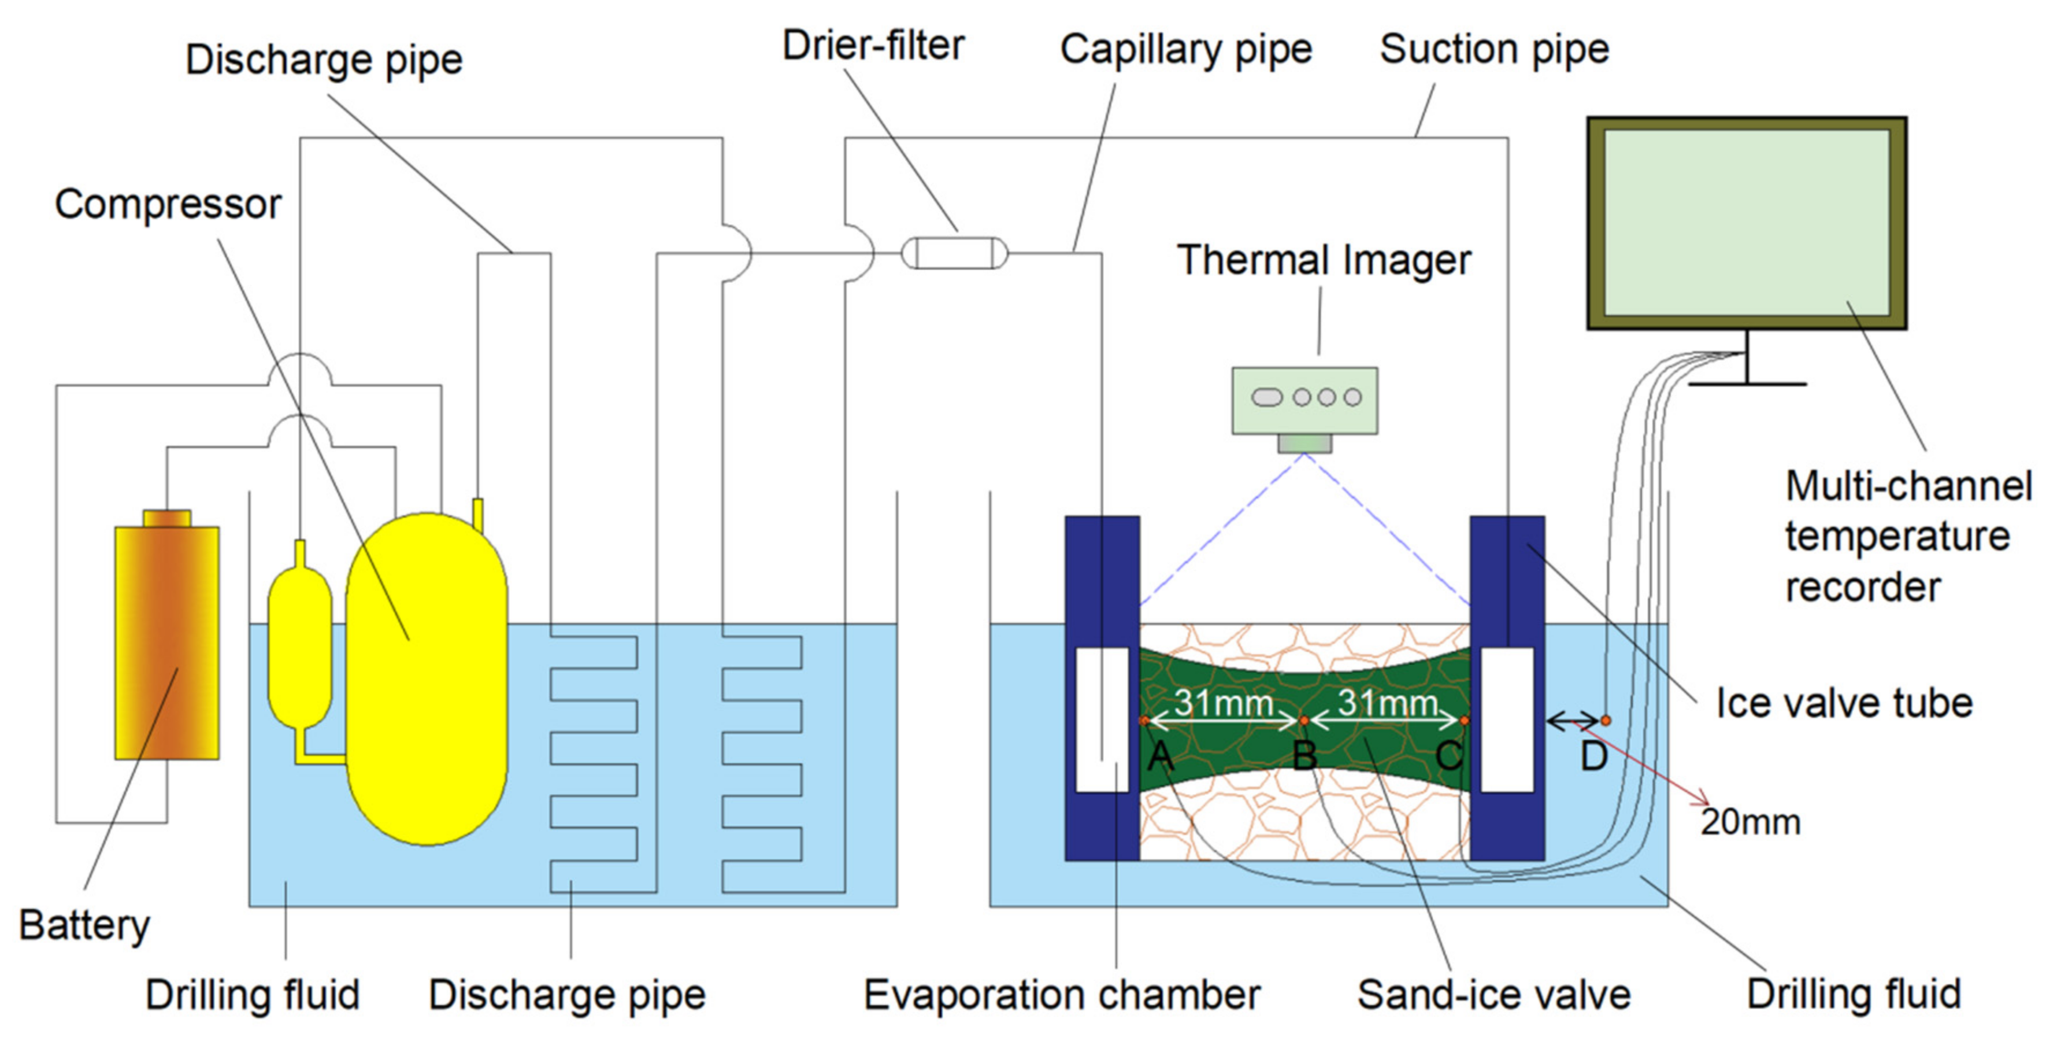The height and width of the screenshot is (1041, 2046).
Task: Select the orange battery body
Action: click(167, 642)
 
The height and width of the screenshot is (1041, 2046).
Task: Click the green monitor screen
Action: click(1747, 223)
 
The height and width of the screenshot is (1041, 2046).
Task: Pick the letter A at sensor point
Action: click(1161, 756)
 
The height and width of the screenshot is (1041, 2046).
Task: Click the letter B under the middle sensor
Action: click(1304, 756)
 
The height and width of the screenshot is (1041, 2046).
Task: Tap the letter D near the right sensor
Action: click(1593, 756)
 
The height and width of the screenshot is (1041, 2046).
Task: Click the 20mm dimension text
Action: click(1750, 822)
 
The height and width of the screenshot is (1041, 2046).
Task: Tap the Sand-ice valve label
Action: click(1494, 994)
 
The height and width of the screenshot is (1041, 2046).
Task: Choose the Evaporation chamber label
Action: click(1062, 995)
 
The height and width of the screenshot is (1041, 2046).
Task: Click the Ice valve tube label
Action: click(1844, 703)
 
